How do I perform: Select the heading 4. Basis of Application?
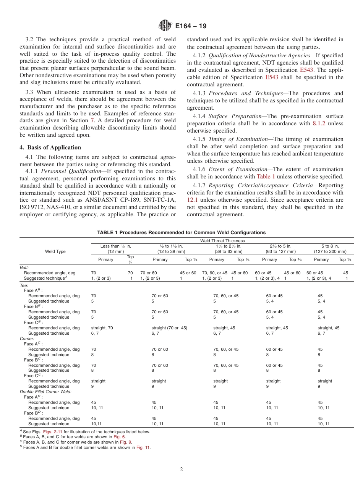pos(50,147)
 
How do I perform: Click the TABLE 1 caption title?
pos(181,232)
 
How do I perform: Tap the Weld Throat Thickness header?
pos(222,241)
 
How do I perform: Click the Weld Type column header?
pos(55,251)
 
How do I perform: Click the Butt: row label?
pos(24,268)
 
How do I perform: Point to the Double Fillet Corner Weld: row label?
pos(45,392)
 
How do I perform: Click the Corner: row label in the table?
pos(27,339)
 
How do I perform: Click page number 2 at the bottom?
pos(181,470)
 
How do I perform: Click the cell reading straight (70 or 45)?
pos(169,328)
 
